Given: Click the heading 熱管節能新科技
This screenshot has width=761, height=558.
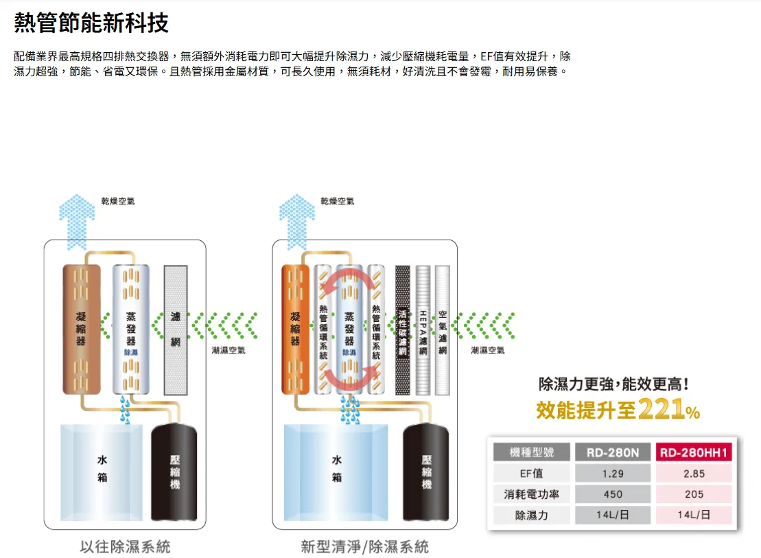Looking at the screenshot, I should tap(91, 24).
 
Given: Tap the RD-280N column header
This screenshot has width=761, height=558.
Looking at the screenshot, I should tap(612, 452).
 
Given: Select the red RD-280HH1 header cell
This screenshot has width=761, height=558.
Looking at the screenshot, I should tap(694, 452).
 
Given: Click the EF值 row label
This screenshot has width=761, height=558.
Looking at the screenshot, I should tap(532, 473).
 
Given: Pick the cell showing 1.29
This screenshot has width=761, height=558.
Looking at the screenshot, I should tap(612, 473).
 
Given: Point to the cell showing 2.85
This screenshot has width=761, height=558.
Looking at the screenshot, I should tap(694, 473).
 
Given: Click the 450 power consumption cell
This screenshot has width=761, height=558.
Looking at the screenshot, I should tap(612, 494).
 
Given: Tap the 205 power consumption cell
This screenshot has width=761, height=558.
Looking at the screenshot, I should tap(694, 494).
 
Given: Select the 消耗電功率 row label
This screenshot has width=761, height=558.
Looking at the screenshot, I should tap(532, 494).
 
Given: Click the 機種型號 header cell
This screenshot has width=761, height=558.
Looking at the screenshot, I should tap(532, 452).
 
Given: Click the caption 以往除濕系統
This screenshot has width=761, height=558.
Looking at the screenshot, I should tap(125, 547).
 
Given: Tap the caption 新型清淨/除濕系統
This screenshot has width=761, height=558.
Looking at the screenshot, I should tap(364, 547).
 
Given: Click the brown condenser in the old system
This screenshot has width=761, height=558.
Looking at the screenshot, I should tap(82, 329).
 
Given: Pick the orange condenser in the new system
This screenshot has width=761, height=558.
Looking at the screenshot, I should tap(296, 329).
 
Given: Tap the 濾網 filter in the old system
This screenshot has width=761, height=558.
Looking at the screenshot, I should tap(176, 329).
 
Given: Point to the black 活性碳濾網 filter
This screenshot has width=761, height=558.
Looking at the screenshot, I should tap(403, 329).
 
